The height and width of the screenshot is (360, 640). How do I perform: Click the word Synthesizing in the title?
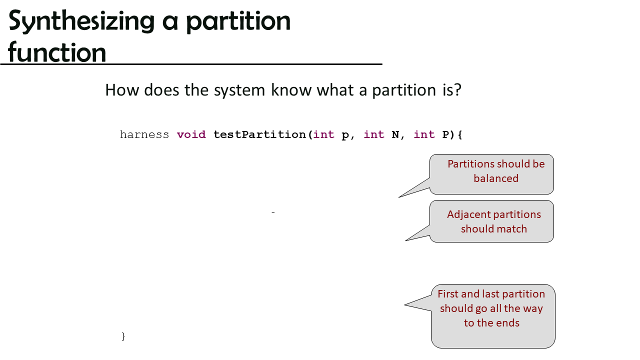81,21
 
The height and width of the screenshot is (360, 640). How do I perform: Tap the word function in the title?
57,52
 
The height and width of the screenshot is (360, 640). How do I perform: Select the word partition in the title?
238,22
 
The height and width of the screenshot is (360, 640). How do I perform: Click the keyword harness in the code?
144,134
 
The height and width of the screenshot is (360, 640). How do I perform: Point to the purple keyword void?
191,134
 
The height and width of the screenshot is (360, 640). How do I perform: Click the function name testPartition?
259,134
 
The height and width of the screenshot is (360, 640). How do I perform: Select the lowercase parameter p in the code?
345,135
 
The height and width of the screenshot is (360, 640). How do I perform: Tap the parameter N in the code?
395,134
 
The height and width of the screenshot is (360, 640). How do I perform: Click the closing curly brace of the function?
123,336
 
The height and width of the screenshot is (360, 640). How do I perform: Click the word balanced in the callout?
496,178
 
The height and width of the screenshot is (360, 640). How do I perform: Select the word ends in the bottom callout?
508,323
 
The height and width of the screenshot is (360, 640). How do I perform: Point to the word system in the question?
239,90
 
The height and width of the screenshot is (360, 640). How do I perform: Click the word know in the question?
291,90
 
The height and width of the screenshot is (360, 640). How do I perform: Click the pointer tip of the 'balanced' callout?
399,197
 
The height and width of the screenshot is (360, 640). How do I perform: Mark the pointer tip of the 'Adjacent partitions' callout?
405,240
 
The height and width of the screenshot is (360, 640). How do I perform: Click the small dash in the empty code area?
273,212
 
